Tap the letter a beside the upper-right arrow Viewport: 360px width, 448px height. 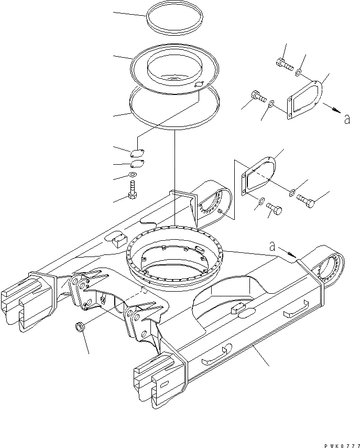point(346,120)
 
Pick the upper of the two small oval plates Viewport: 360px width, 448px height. point(137,154)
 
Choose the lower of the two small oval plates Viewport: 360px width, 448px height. point(136,164)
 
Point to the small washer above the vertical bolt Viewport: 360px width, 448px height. point(133,175)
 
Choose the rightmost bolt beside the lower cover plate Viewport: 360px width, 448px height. point(306,199)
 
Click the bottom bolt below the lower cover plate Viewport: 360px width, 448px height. point(274,210)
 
